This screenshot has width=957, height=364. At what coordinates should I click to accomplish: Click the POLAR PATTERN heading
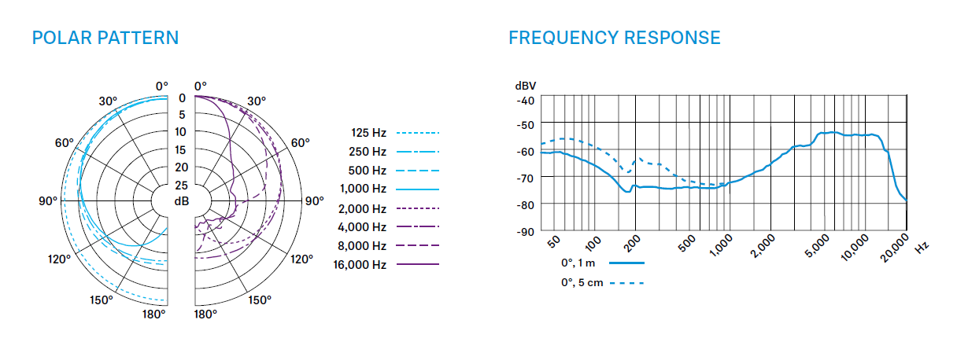[x=105, y=38]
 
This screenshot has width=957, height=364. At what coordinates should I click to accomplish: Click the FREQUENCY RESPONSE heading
[x=614, y=38]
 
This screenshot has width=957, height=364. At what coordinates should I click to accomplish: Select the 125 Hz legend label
[x=368, y=133]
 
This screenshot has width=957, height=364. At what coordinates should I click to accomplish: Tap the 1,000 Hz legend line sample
[x=418, y=189]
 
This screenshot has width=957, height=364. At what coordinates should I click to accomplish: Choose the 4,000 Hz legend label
[x=363, y=227]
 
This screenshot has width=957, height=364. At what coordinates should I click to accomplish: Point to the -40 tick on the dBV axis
[x=525, y=100]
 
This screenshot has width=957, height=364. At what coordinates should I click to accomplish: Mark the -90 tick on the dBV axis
[x=525, y=232]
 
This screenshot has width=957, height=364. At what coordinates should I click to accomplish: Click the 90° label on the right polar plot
[x=314, y=200]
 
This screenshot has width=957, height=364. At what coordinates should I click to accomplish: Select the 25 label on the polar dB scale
[x=181, y=185]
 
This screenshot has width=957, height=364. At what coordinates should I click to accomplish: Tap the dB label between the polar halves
[x=181, y=201]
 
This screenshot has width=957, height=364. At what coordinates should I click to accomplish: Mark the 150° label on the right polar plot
[x=260, y=300]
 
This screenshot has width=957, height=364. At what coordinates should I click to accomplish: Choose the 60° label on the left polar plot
[x=64, y=143]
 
